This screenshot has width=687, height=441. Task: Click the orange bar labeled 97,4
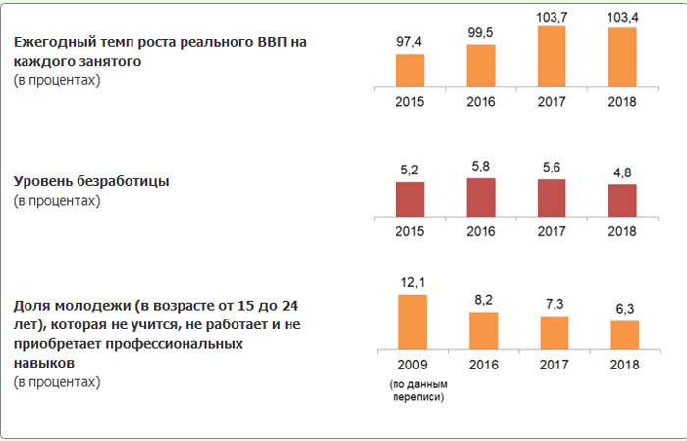[x=410, y=71]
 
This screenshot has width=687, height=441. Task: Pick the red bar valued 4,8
[x=622, y=200]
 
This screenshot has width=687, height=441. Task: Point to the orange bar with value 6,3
[x=624, y=335]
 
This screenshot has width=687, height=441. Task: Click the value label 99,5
[x=481, y=32]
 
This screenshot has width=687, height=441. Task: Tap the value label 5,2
[x=410, y=171]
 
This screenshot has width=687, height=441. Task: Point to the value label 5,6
[x=552, y=168]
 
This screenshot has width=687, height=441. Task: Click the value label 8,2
[x=481, y=300]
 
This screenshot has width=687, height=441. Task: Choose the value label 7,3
[x=553, y=305]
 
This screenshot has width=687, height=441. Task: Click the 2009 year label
[x=410, y=365]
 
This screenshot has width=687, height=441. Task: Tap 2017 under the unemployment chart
[x=552, y=231]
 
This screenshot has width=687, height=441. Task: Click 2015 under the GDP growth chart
[x=410, y=102]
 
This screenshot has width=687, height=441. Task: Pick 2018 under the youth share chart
[x=623, y=365]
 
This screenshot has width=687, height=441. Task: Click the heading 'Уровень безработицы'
[x=91, y=181]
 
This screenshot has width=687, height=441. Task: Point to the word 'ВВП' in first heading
[x=268, y=42]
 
